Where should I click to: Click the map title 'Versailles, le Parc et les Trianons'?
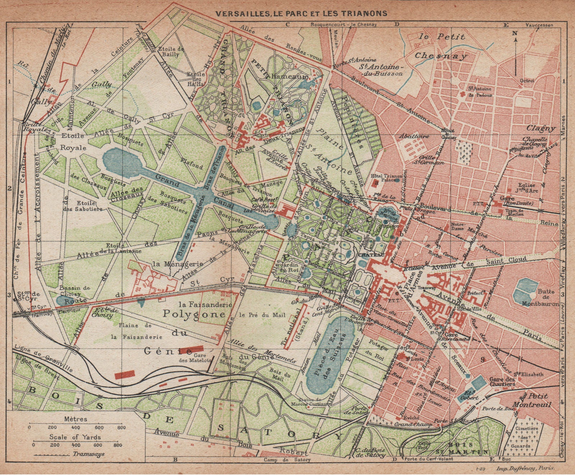(x=301, y=13)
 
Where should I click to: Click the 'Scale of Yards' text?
(x=75, y=437)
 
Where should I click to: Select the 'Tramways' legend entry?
(x=88, y=454)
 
